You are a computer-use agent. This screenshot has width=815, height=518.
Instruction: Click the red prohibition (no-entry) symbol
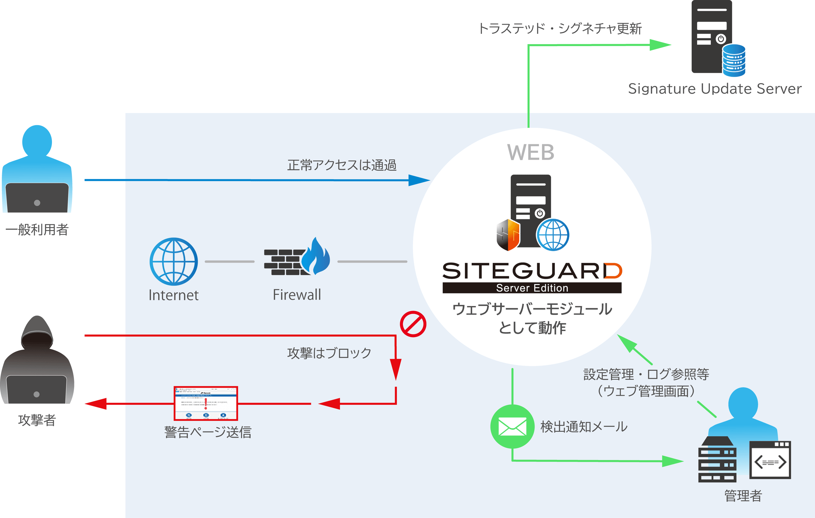413,324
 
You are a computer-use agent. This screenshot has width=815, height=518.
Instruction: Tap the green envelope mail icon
512,426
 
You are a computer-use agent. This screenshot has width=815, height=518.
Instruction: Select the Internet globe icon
174,261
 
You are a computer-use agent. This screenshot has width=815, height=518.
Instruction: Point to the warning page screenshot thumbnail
206,403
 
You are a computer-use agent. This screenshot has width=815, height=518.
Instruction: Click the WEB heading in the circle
531,152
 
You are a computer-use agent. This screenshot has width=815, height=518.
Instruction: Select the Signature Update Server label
714,89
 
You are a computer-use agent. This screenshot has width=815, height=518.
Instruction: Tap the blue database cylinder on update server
734,60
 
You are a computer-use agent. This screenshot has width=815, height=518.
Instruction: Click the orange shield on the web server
508,235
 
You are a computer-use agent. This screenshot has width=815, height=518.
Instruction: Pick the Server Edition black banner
532,288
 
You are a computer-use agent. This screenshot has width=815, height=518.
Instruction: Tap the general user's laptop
37,198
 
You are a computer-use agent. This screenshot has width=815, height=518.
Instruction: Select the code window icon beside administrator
770,460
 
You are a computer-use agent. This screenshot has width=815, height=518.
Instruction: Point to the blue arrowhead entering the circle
419,180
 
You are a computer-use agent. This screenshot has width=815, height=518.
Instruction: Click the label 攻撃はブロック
329,353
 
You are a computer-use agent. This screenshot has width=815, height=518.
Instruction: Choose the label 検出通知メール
583,427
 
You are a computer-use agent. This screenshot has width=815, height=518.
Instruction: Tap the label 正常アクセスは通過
342,165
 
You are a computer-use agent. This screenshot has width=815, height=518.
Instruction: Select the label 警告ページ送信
208,432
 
